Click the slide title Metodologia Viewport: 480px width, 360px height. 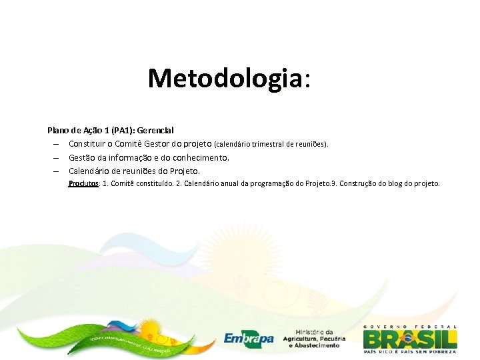point(229,78)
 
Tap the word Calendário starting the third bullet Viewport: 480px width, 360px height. point(91,171)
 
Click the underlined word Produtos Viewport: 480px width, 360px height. point(84,184)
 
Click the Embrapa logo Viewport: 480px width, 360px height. point(249,338)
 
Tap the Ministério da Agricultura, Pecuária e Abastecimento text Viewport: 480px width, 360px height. point(313,339)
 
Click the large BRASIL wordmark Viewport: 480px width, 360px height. point(410,338)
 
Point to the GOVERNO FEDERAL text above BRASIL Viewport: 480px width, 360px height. point(410,326)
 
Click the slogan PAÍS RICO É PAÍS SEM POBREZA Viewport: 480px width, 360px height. point(410,351)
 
